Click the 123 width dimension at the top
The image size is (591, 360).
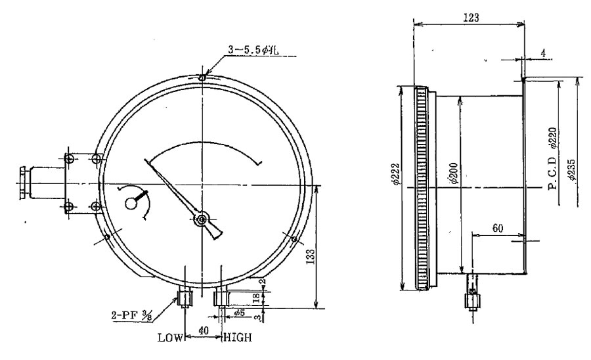coord(471,17)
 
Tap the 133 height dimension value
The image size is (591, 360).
coord(311,256)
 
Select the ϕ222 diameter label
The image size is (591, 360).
coord(395,175)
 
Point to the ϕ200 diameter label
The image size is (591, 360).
coord(454,173)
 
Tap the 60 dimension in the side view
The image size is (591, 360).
coord(498,229)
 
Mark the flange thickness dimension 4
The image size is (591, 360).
coord(543,53)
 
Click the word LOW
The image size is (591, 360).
coord(169,338)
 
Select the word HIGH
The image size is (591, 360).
coord(238,338)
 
